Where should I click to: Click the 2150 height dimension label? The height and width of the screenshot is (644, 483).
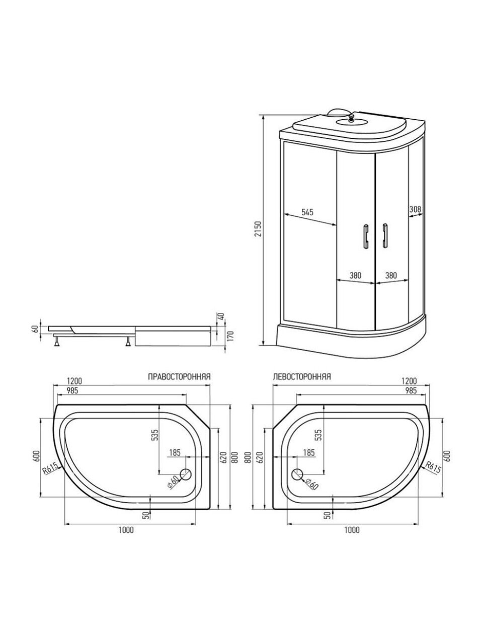[258, 229]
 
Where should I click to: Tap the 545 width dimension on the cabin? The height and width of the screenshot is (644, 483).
[307, 212]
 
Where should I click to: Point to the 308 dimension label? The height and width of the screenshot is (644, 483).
[415, 209]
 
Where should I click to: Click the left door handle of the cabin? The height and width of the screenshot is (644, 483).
[366, 236]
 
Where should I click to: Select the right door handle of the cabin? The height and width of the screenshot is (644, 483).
[384, 236]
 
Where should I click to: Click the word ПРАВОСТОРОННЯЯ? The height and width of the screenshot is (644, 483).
[179, 377]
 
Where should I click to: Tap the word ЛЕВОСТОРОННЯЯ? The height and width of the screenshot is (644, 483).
[302, 377]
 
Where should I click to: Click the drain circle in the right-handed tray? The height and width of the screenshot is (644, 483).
[185, 474]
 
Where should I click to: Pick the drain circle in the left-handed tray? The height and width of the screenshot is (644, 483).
[297, 474]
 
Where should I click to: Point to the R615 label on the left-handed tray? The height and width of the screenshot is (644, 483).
[433, 468]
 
